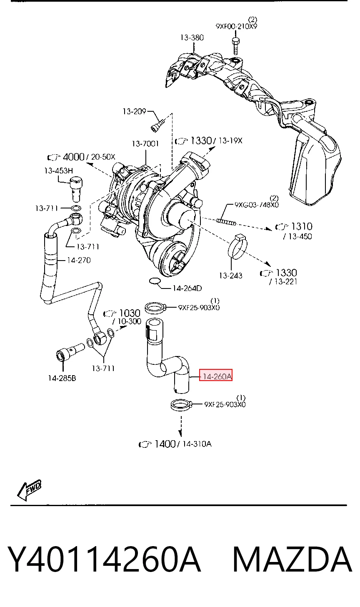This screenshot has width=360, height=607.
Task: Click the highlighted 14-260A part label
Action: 216,376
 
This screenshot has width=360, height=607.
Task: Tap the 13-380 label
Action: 192,38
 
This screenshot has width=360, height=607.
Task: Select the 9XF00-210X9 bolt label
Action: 237,26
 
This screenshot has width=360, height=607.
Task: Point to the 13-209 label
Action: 134,111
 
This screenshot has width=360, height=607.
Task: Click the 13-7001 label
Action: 145,143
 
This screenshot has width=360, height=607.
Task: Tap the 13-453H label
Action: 58,171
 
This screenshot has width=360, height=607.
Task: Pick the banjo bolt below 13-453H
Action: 76,189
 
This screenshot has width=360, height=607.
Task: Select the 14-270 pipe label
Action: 79,260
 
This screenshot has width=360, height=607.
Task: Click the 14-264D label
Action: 187,288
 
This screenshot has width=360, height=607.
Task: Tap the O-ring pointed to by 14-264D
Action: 155,281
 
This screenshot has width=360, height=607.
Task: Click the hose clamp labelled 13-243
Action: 237,247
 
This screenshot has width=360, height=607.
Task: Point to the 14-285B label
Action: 62,378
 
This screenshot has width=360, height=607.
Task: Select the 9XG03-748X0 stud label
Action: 257,205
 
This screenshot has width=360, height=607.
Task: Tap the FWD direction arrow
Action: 29,490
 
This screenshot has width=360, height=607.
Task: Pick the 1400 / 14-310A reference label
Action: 175,444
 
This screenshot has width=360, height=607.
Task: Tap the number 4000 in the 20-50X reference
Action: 73,157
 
